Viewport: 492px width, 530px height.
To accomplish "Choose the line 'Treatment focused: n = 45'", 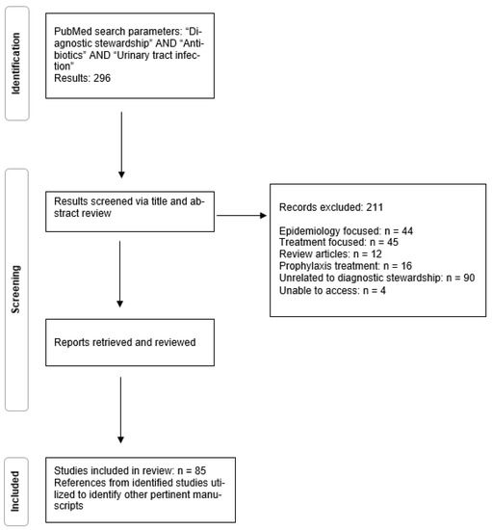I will tap(332, 245).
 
